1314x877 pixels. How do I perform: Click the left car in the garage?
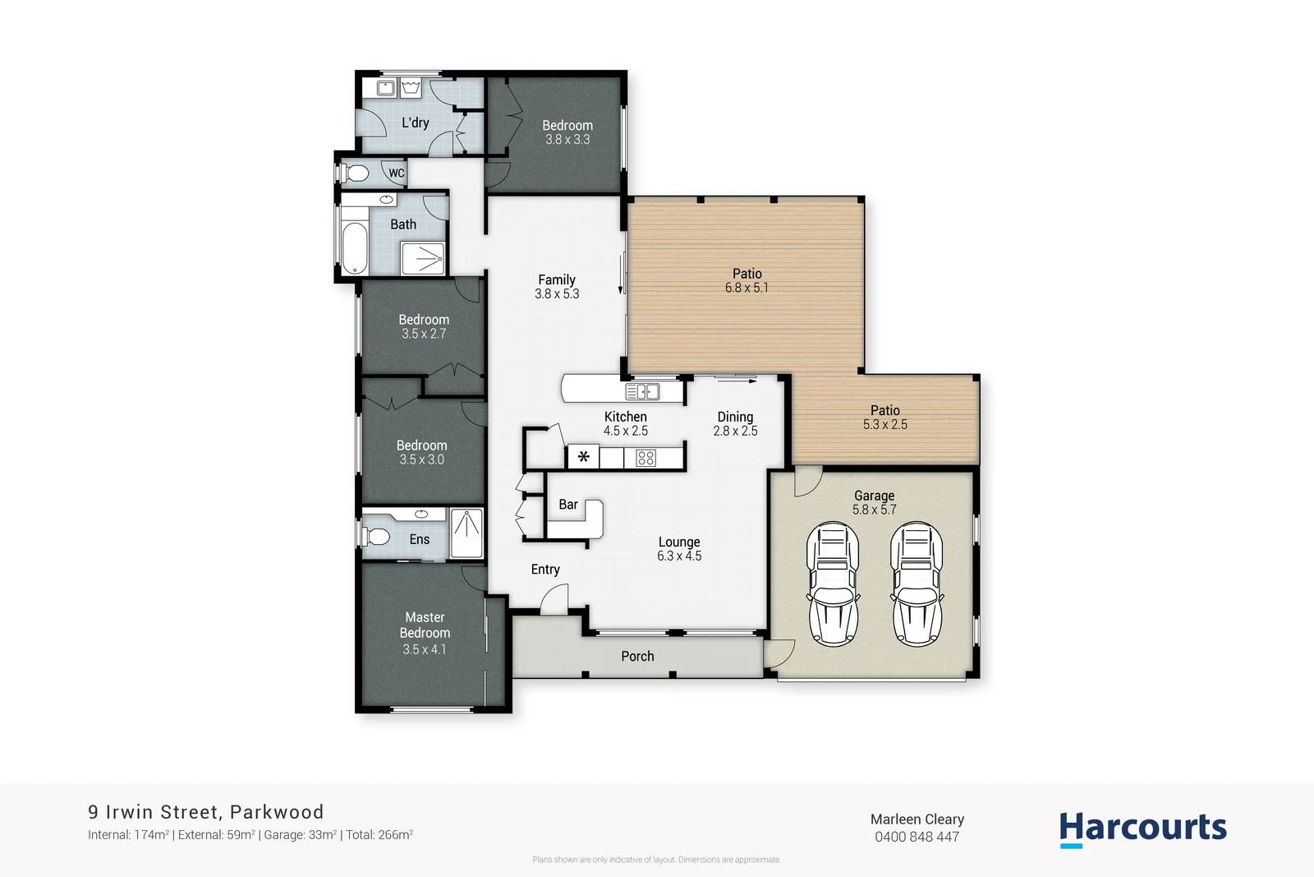point(833,585)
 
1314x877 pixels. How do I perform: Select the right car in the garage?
point(918,585)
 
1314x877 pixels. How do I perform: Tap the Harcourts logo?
point(1142,829)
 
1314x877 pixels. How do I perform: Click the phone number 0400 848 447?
point(917,837)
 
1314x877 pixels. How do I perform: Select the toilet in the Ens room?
point(376,537)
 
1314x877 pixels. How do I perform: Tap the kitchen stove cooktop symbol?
point(646,458)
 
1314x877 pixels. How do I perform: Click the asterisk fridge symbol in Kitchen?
point(583,457)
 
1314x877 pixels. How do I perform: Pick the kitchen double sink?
point(642,391)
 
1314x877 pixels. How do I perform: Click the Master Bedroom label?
point(425,625)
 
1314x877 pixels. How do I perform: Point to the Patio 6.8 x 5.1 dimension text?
point(747,288)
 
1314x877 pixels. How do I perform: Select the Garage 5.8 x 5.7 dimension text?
point(874,510)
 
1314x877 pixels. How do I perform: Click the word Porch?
point(637,656)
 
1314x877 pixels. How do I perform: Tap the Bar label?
point(568,505)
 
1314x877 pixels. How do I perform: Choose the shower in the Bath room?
point(423,259)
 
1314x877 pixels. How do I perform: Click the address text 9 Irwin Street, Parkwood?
point(205,812)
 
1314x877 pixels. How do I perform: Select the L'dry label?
point(415,122)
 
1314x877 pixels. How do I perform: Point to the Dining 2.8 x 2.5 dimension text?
point(735,431)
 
